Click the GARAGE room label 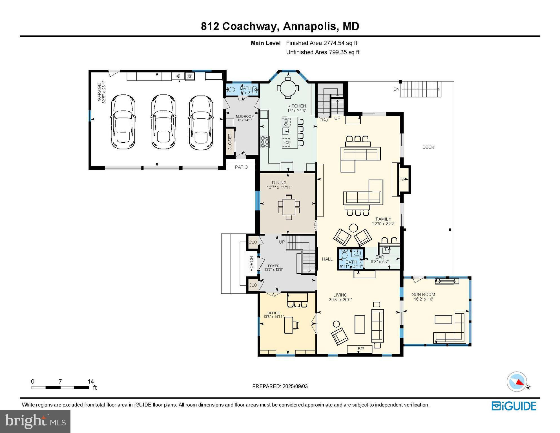[x=99, y=92]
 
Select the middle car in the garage [x=163, y=122]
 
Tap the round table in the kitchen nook [x=288, y=88]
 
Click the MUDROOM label [x=245, y=116]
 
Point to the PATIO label [x=241, y=167]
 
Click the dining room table [x=289, y=207]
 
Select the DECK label [x=428, y=147]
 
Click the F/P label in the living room [x=361, y=349]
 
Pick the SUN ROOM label [x=423, y=295]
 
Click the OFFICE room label [x=274, y=313]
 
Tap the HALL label [x=327, y=259]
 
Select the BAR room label [x=380, y=257]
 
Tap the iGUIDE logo [x=514, y=406]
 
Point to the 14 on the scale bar [x=90, y=381]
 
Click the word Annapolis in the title [x=310, y=26]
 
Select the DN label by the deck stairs [x=396, y=89]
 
